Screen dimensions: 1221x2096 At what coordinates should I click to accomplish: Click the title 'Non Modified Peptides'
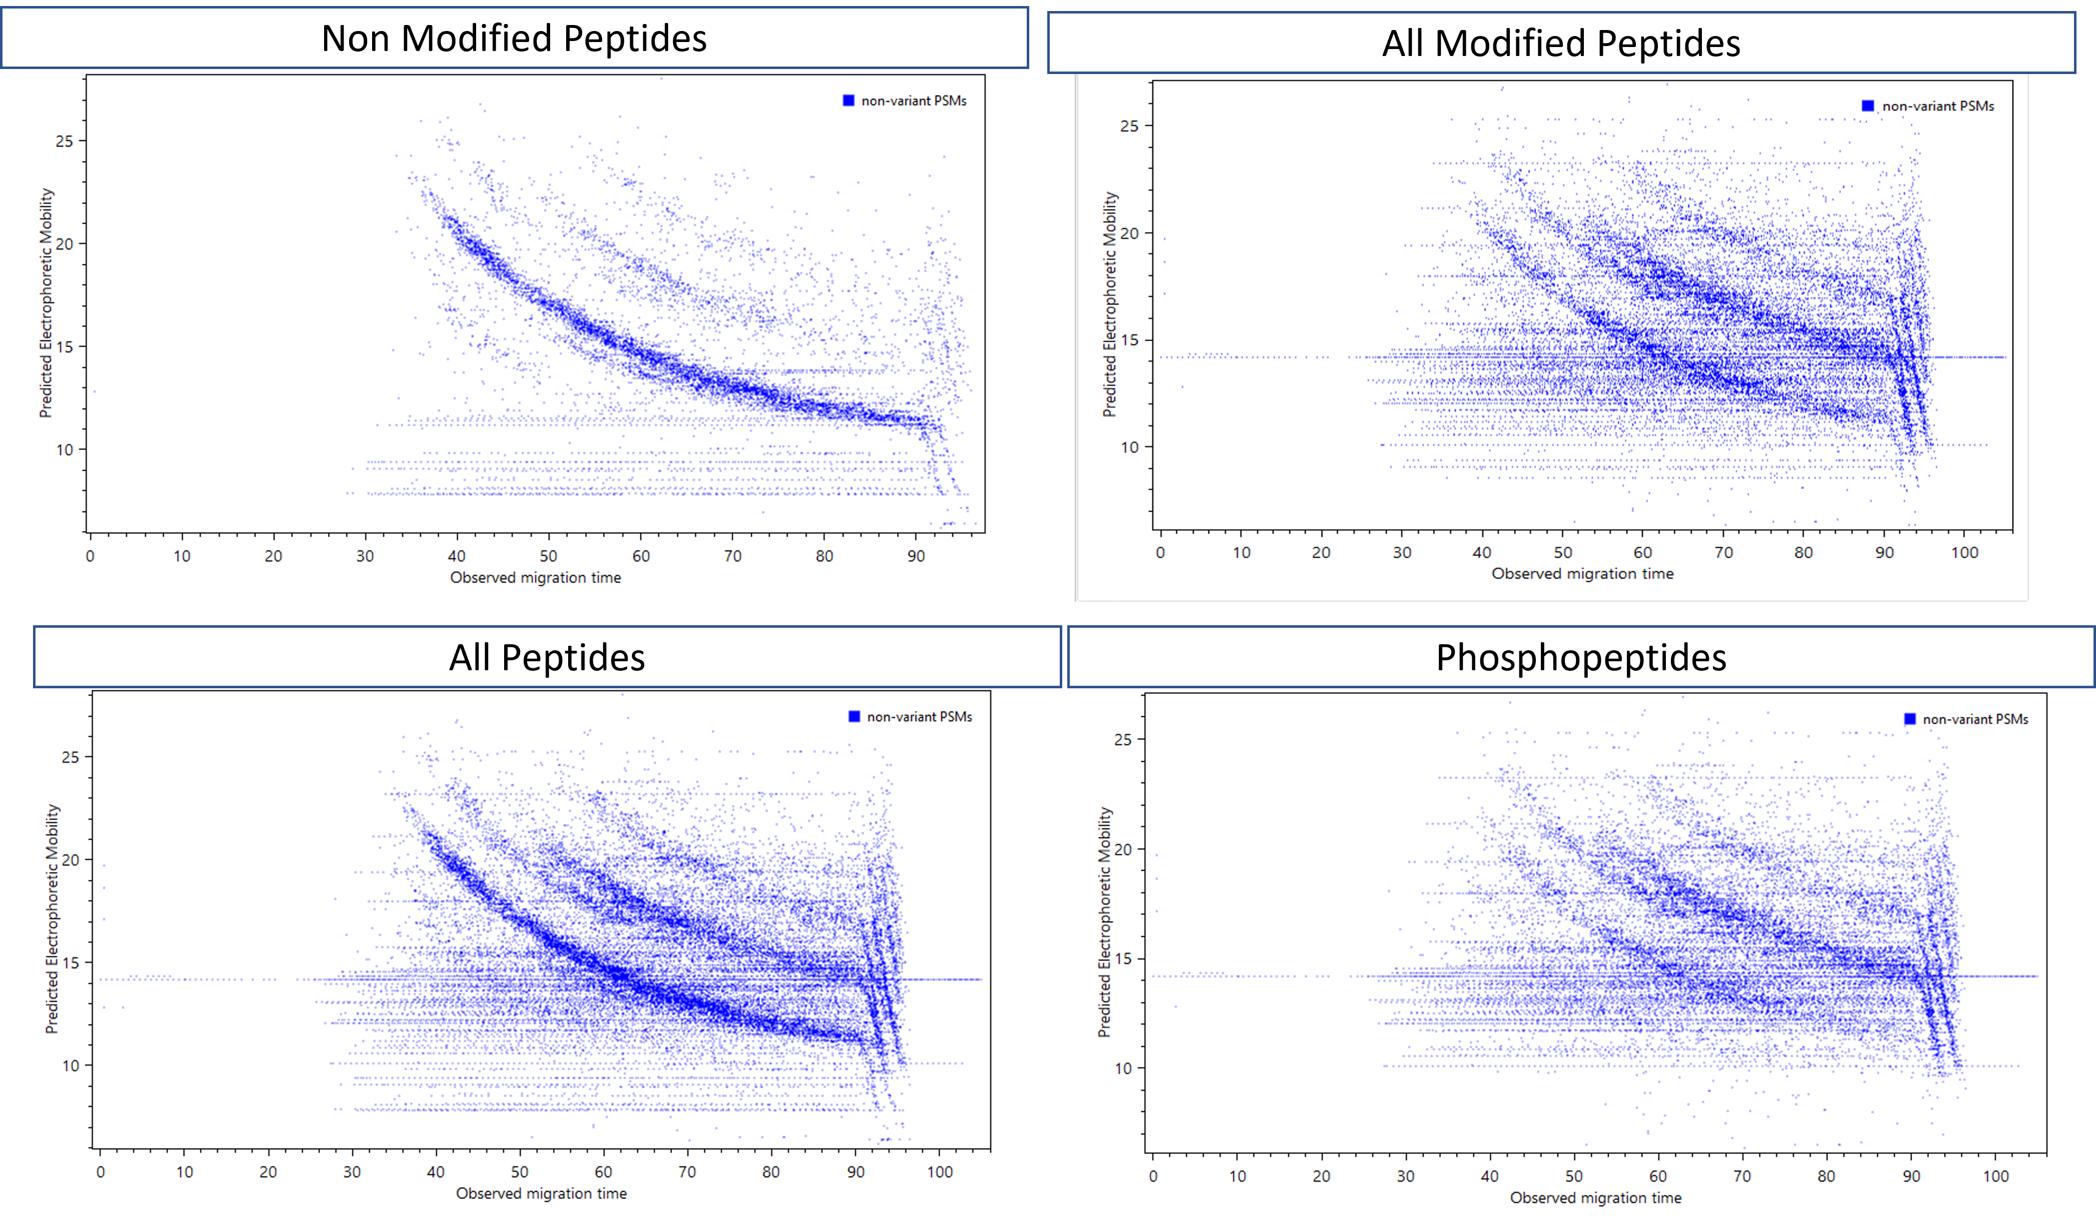[x=514, y=38]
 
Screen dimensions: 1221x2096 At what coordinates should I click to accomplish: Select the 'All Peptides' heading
[x=547, y=657]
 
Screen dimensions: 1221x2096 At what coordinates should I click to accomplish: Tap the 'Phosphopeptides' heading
[x=1580, y=657]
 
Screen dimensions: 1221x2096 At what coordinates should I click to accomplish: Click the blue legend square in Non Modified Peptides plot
[x=848, y=101]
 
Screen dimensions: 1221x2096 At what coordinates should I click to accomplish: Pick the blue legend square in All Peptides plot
[x=853, y=717]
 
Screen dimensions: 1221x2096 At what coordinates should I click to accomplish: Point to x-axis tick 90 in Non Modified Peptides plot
[x=916, y=556]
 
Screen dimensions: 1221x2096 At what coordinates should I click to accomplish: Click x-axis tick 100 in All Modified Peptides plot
[x=1964, y=552]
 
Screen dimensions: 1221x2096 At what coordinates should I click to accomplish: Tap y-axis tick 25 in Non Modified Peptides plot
[x=64, y=142]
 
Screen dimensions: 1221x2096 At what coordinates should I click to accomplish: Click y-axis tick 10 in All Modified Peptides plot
[x=1129, y=448]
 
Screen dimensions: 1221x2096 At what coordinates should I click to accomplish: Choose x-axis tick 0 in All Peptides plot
[x=101, y=1172]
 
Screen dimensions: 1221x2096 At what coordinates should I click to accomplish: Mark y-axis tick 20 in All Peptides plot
[x=71, y=860]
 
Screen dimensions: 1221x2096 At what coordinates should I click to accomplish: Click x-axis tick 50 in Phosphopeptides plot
[x=1574, y=1176]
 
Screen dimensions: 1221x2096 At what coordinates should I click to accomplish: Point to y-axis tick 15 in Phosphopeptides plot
[x=1123, y=959]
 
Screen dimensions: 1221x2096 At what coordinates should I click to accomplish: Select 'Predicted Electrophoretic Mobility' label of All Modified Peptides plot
[x=1110, y=305]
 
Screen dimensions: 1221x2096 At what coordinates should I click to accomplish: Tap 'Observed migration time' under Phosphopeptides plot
[x=1595, y=1197]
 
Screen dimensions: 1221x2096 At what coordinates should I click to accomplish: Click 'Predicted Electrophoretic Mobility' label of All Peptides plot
[x=53, y=918]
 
